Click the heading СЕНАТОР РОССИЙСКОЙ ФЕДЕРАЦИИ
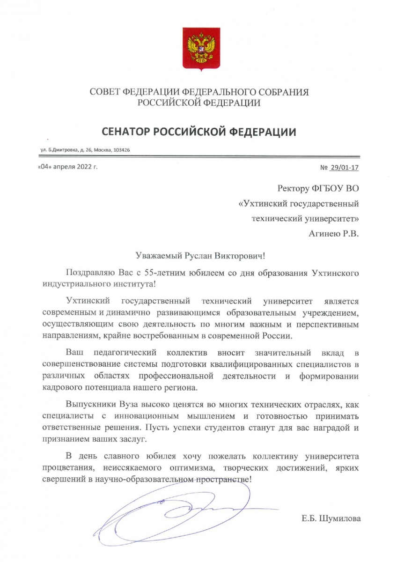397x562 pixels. click(x=198, y=132)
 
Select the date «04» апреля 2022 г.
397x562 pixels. click(x=67, y=167)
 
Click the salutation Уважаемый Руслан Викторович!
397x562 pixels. click(x=199, y=256)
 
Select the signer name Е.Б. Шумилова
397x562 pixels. click(x=331, y=518)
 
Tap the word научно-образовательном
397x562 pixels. click(x=152, y=479)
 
